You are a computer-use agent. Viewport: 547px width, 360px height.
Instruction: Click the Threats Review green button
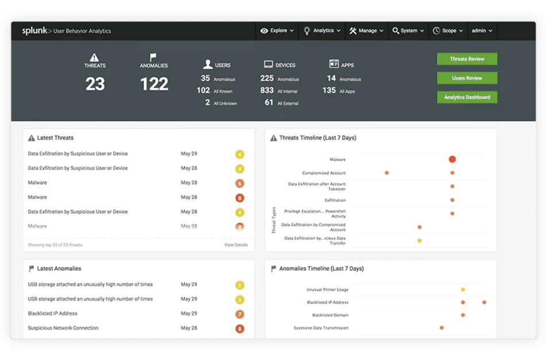467,59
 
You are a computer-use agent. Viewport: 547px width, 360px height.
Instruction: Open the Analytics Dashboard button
467,97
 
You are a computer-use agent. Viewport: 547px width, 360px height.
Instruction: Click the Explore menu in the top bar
277,30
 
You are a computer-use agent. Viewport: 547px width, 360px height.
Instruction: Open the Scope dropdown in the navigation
448,30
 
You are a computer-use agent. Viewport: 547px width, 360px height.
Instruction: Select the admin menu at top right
481,30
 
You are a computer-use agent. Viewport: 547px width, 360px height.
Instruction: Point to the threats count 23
95,84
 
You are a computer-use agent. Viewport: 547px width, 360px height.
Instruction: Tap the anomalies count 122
154,84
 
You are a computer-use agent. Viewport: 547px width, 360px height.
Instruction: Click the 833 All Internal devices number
267,91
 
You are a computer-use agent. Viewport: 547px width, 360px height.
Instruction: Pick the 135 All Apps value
329,91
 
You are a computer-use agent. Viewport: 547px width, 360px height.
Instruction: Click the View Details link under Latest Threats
235,245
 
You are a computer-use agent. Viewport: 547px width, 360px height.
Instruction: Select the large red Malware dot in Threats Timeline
452,159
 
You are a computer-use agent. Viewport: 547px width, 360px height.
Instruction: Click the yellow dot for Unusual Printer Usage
463,289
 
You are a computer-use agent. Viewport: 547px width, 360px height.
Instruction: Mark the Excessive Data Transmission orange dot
441,328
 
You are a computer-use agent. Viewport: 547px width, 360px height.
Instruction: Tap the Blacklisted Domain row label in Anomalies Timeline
330,315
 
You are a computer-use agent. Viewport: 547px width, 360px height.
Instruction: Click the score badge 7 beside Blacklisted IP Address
240,314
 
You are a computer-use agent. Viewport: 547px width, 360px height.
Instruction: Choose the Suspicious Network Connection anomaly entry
63,328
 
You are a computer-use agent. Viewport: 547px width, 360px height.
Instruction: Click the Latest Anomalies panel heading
59,268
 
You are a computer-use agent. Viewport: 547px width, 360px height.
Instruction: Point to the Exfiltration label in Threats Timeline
335,200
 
